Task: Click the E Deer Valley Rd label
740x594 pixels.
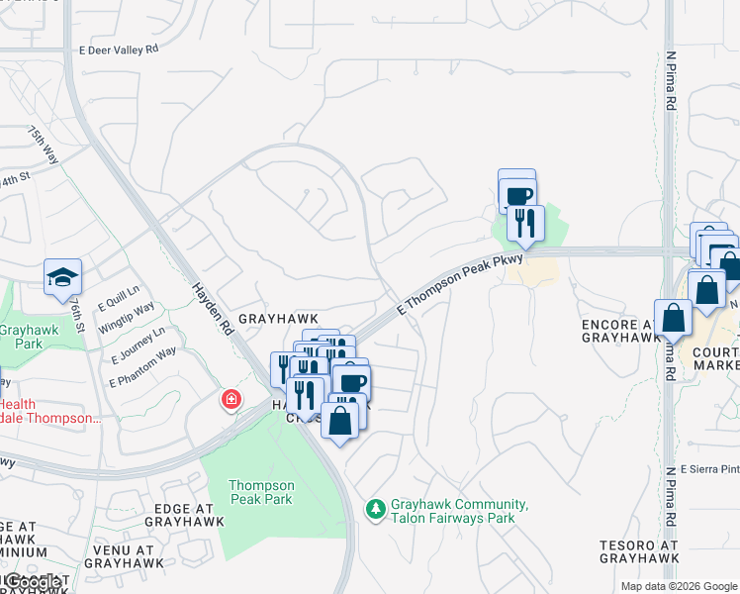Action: [x=117, y=49]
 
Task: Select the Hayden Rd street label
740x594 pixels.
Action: [x=212, y=304]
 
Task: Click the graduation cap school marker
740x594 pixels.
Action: [x=62, y=277]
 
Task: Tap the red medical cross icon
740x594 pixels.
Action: [x=231, y=400]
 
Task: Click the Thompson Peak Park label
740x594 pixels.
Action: [x=261, y=492]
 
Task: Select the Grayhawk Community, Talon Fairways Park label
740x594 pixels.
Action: [x=459, y=511]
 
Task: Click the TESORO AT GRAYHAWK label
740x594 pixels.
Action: [x=639, y=551]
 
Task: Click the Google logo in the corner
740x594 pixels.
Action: [x=34, y=581]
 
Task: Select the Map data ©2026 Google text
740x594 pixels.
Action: [x=678, y=586]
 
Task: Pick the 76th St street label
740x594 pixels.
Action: [x=78, y=319]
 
